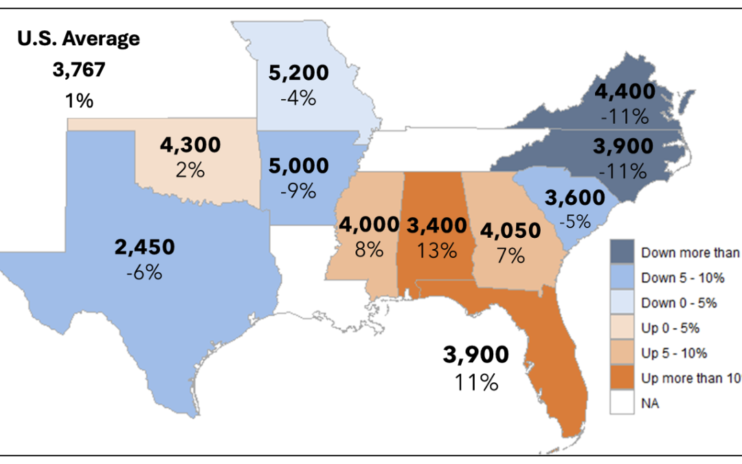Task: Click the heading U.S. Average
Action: [x=78, y=38]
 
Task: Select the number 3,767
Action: [x=79, y=70]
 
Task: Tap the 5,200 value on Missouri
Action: [x=298, y=72]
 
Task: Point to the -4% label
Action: [x=298, y=98]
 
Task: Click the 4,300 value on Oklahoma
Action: [x=190, y=145]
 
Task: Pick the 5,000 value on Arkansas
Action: [x=298, y=166]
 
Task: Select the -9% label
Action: [x=298, y=190]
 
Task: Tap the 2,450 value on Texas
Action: [x=144, y=247]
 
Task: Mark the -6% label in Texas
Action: [x=144, y=272]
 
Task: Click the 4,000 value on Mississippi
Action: [x=368, y=224]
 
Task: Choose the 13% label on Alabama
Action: [x=436, y=250]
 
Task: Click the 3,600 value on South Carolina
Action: [x=576, y=198]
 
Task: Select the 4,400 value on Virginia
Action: [x=625, y=91]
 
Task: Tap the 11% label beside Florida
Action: [x=475, y=382]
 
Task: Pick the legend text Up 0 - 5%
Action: [x=670, y=328]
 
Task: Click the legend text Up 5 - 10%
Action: [x=673, y=353]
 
